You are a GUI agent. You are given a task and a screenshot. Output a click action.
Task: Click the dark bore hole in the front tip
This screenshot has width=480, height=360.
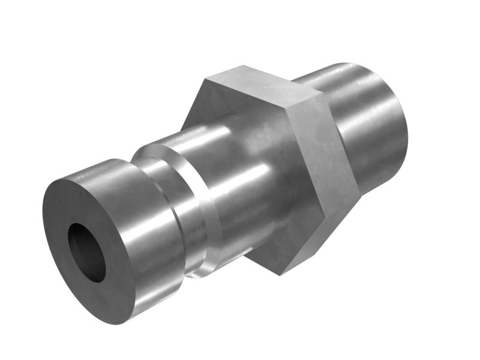point(86,252)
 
